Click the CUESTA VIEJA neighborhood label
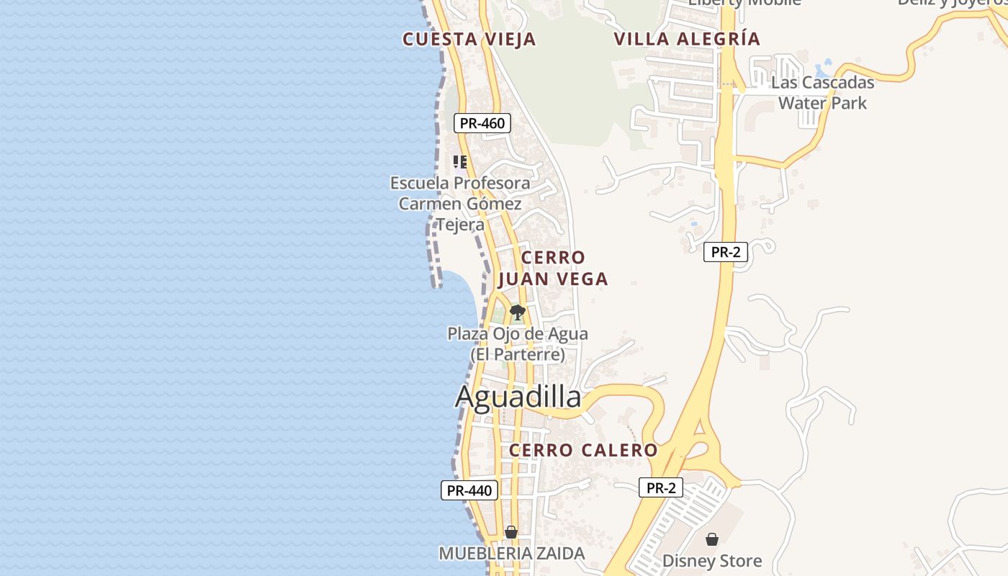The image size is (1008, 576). coord(469,39)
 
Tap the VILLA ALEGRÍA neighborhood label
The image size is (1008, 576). coord(687,39)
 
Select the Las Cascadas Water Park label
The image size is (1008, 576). coord(822,92)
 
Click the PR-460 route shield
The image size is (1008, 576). coord(482,123)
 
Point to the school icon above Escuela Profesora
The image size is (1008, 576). coord(459,161)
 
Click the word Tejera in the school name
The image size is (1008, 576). coord(461,225)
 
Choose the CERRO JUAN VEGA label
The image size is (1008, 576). coord(553,268)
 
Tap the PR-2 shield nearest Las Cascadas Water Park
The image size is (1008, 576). coord(726,252)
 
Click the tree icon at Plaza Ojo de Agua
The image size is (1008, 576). coord(517,312)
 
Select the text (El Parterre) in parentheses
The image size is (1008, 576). coord(518,355)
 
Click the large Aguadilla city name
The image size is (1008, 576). coord(518,397)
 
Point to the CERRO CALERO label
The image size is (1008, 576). coord(583,451)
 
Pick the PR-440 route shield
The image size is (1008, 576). coord(469,491)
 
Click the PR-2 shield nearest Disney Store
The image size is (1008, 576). coord(661,488)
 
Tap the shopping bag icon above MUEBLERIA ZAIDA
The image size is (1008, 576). coord(511,532)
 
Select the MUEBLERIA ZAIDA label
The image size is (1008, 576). coord(512,554)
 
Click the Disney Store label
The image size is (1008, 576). coord(711,561)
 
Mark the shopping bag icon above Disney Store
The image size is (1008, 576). coord(711,539)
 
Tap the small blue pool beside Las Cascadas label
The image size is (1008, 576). coord(827,63)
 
